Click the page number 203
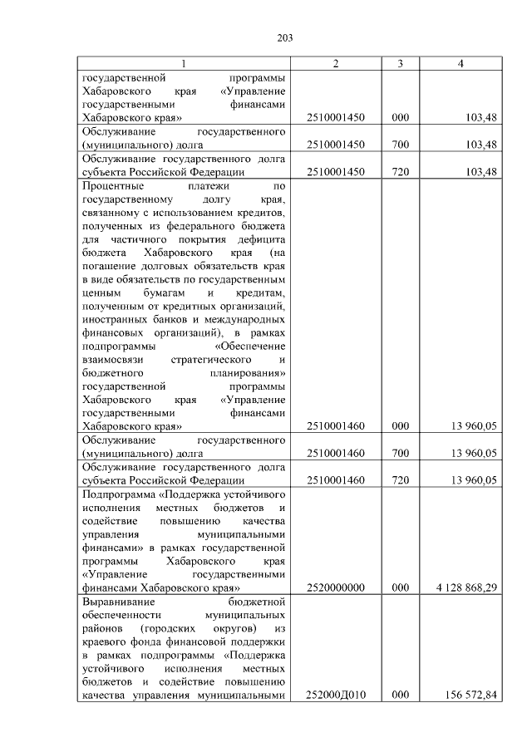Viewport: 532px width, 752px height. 284,37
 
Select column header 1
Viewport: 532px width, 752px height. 184,64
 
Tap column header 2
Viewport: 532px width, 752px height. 335,64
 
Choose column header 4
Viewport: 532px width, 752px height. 460,64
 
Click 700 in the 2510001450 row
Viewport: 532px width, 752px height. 400,145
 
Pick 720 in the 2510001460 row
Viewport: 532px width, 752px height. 400,479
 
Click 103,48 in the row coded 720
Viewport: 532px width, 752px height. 481,172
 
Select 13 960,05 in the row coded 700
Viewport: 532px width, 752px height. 474,453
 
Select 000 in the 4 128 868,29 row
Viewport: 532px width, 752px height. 400,587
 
